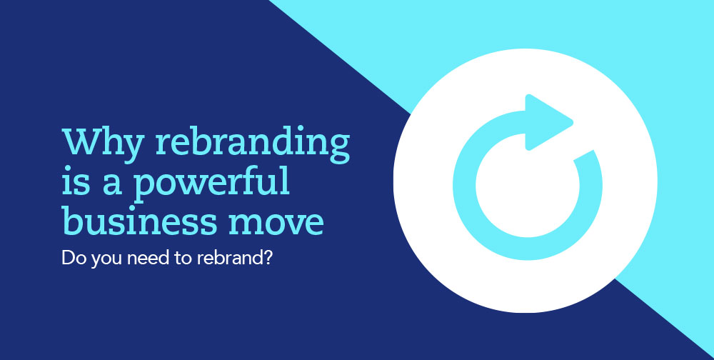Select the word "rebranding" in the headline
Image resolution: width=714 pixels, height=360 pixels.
pyautogui.click(x=253, y=142)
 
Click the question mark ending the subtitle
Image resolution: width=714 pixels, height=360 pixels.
pyautogui.click(x=268, y=258)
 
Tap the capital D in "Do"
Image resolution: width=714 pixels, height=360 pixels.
pyautogui.click(x=67, y=259)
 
